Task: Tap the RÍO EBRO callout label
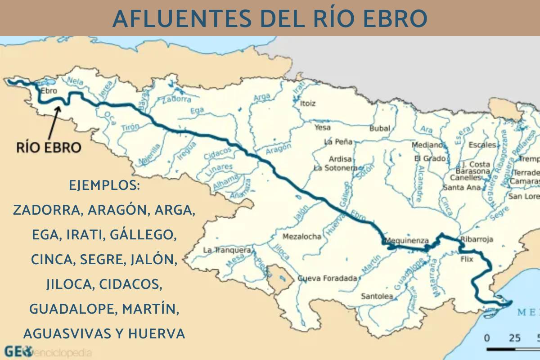coord(49,147)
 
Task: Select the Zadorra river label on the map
coord(176,99)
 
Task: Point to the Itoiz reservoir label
coord(308,103)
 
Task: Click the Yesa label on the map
coord(322,128)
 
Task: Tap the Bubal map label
coord(379,128)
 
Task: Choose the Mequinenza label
coord(407,240)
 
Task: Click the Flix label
coord(467,260)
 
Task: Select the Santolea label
coord(377,296)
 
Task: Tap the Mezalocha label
coord(302,237)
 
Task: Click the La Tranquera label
coord(227,250)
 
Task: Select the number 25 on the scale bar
coord(515,338)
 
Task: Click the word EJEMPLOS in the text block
coord(104,185)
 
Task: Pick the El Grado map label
coord(430,159)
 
